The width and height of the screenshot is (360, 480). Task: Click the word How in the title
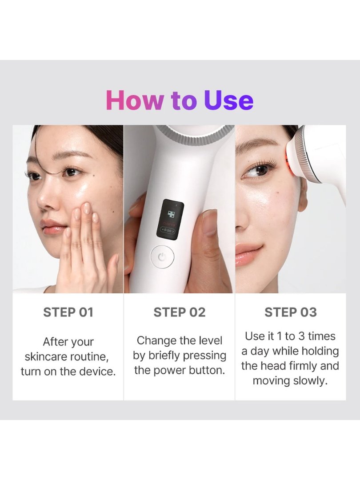click(x=134, y=100)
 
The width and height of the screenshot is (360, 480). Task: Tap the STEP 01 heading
click(x=68, y=312)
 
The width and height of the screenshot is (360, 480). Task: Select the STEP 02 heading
click(x=180, y=312)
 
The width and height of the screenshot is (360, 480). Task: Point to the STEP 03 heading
click(x=291, y=312)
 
